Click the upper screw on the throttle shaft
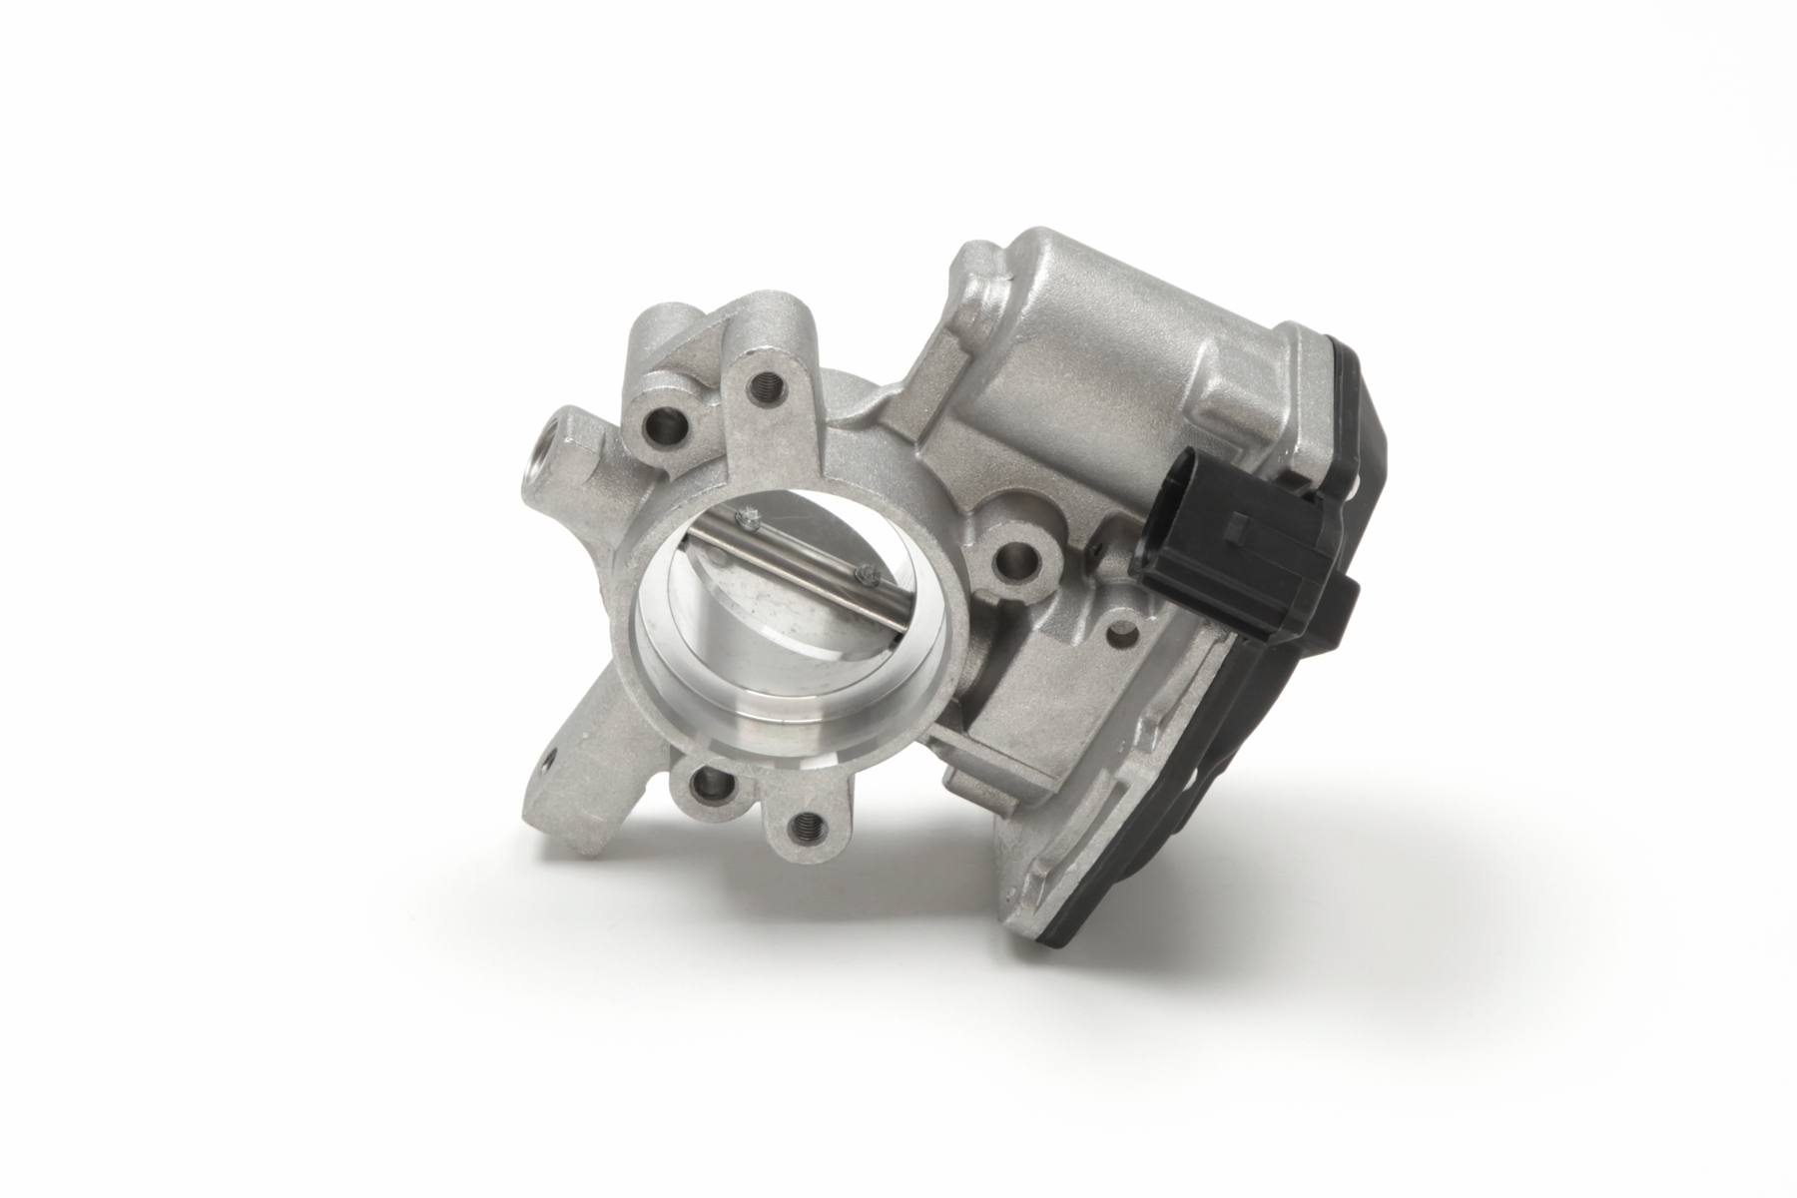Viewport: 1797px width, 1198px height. (x=747, y=517)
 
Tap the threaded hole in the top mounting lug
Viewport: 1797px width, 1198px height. (x=770, y=383)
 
